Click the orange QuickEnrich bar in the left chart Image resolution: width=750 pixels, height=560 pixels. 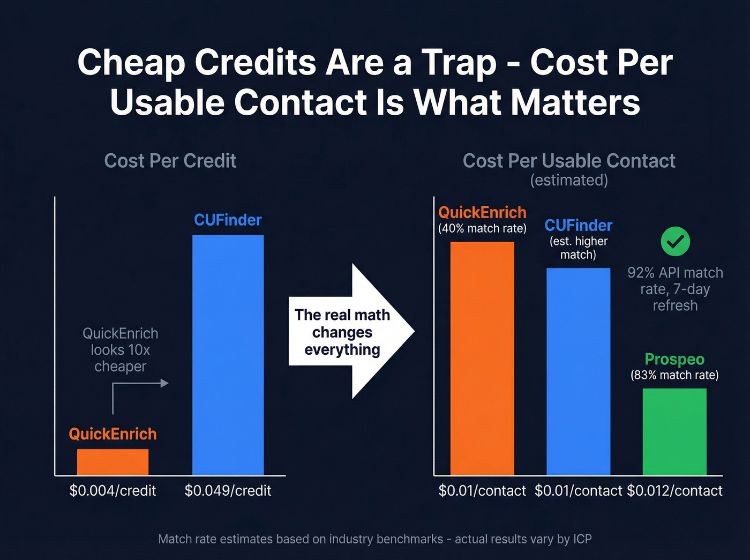(112, 462)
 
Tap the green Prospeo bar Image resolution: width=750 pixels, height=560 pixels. (674, 431)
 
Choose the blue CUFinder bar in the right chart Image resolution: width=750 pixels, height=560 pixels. (578, 371)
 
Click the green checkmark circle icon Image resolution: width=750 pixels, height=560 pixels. (675, 242)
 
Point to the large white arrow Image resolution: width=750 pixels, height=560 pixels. (354, 331)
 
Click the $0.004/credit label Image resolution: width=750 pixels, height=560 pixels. (112, 490)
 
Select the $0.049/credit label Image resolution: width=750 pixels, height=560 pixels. (228, 490)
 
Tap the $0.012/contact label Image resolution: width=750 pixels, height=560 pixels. (674, 490)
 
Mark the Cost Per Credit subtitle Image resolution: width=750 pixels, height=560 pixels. (170, 161)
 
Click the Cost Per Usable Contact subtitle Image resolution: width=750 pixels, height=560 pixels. (569, 161)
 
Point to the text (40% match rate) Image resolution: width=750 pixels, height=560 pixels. (482, 229)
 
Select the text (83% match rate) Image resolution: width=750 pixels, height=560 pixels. (674, 375)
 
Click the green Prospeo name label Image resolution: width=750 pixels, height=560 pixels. (674, 359)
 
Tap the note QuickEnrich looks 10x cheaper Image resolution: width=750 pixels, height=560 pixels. (120, 350)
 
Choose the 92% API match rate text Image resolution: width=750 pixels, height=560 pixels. (675, 289)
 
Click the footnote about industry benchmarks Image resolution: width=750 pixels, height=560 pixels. (375, 539)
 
